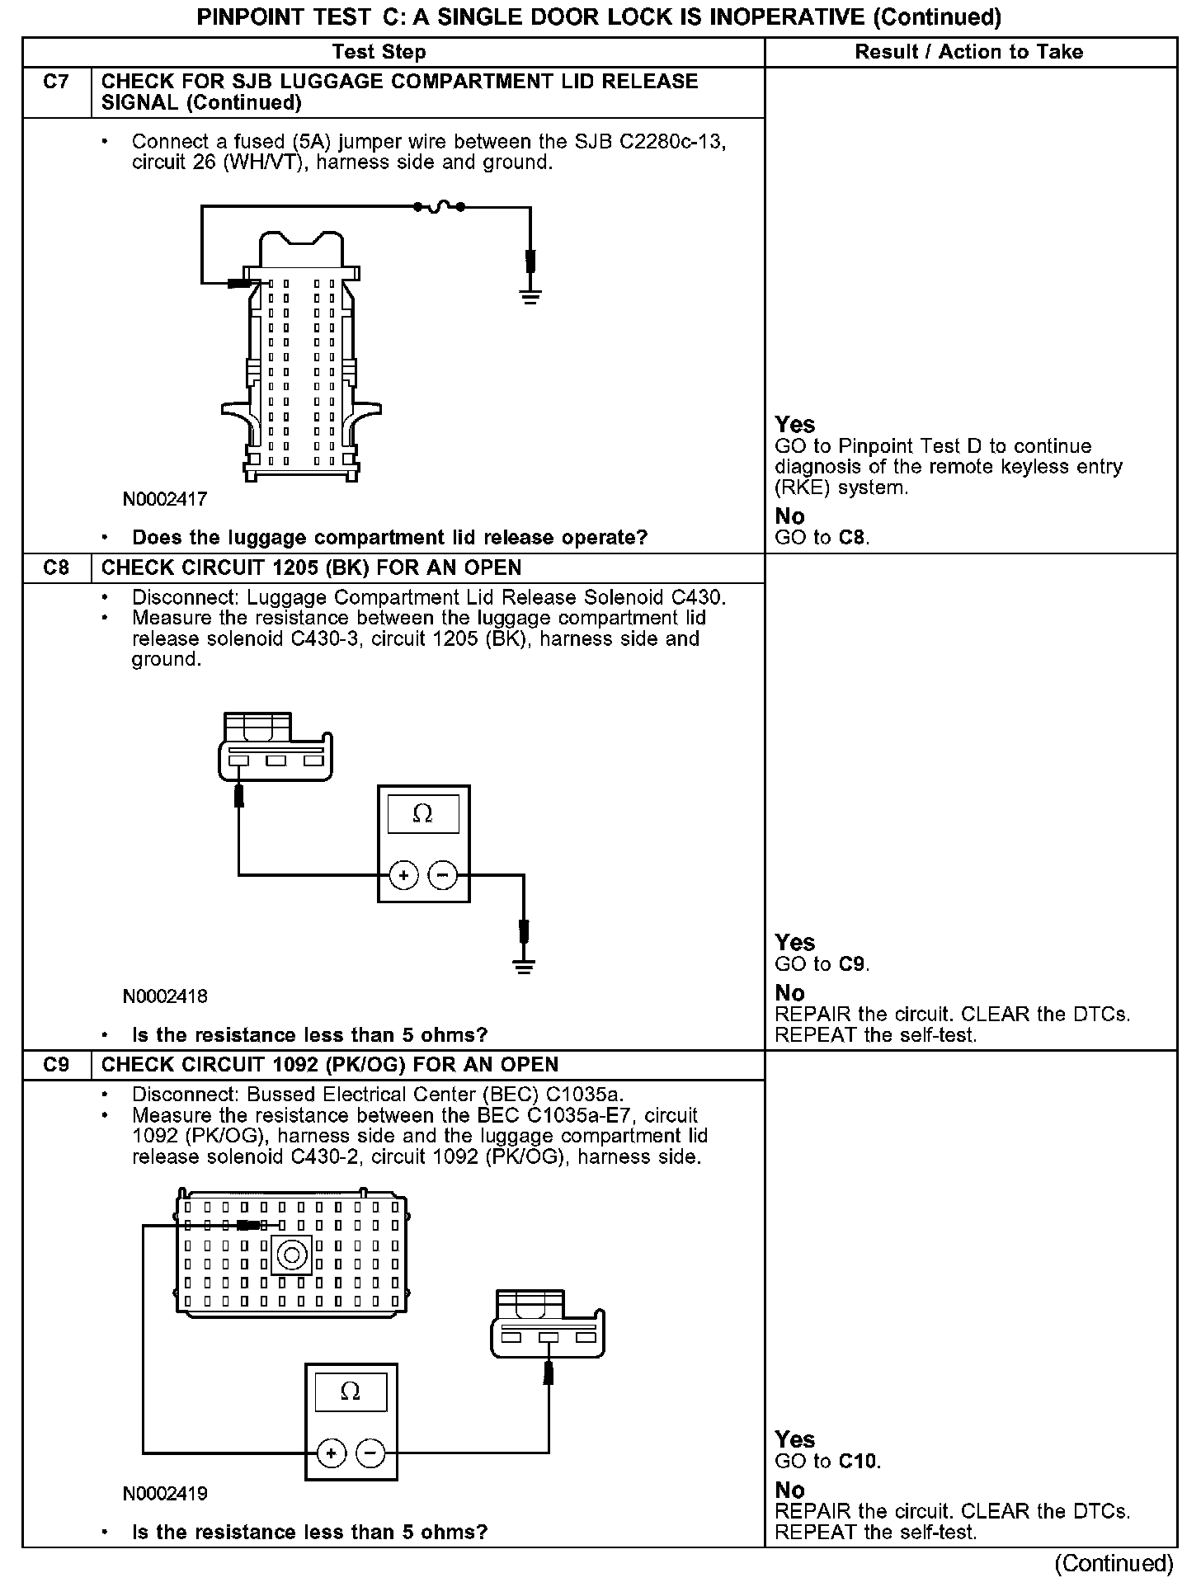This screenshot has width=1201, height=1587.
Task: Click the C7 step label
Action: click(x=56, y=82)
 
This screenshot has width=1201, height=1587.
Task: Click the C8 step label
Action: click(x=56, y=568)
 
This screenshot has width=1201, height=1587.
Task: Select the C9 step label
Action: click(x=56, y=1065)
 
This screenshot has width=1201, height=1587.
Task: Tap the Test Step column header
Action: click(x=379, y=52)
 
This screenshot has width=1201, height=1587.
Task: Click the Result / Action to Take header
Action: click(x=968, y=52)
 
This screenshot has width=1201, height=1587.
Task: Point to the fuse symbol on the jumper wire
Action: click(x=439, y=206)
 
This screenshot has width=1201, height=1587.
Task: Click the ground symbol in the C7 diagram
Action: click(x=530, y=296)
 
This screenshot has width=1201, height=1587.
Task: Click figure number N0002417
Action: click(x=165, y=499)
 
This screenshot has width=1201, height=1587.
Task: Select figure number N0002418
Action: click(x=165, y=996)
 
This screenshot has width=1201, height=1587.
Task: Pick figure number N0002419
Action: click(x=165, y=1493)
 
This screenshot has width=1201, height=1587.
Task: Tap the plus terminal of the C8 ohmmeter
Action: click(x=403, y=875)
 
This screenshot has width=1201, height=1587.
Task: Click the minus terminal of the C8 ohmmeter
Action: click(x=444, y=875)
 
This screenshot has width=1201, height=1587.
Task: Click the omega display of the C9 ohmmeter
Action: click(x=351, y=1392)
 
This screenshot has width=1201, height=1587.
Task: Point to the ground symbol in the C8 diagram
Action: click(x=523, y=965)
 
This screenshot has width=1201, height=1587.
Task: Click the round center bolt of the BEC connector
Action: click(x=291, y=1255)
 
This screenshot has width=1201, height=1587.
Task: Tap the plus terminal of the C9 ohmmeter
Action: click(x=331, y=1453)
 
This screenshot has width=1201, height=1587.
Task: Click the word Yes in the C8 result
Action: click(x=795, y=943)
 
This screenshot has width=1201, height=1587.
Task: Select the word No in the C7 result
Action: click(x=789, y=516)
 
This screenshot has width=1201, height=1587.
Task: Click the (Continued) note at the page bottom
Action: click(x=1114, y=1563)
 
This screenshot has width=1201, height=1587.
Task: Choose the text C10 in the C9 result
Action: click(x=859, y=1462)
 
